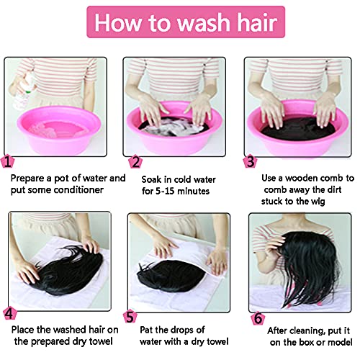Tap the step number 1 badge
8,162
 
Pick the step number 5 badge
130,315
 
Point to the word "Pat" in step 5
149,330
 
